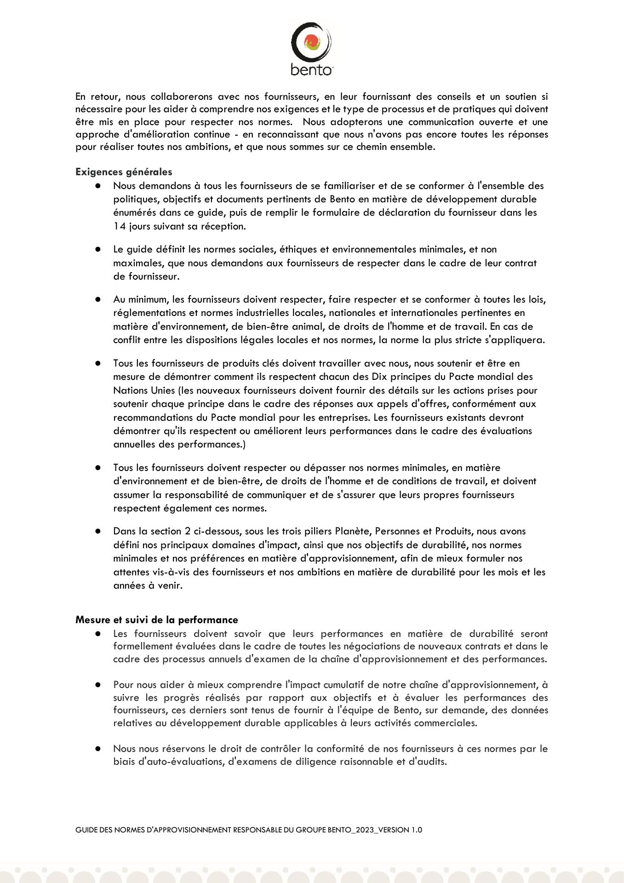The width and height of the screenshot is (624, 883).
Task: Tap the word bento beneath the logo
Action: tap(311, 70)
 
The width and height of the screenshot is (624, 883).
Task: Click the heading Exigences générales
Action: tap(124, 172)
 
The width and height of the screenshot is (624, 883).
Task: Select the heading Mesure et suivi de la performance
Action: tap(157, 620)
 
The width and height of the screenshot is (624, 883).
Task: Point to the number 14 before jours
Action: tap(119, 226)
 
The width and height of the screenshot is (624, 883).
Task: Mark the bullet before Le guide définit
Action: tap(98, 250)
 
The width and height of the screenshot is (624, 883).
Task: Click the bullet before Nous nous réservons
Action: tap(98, 749)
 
